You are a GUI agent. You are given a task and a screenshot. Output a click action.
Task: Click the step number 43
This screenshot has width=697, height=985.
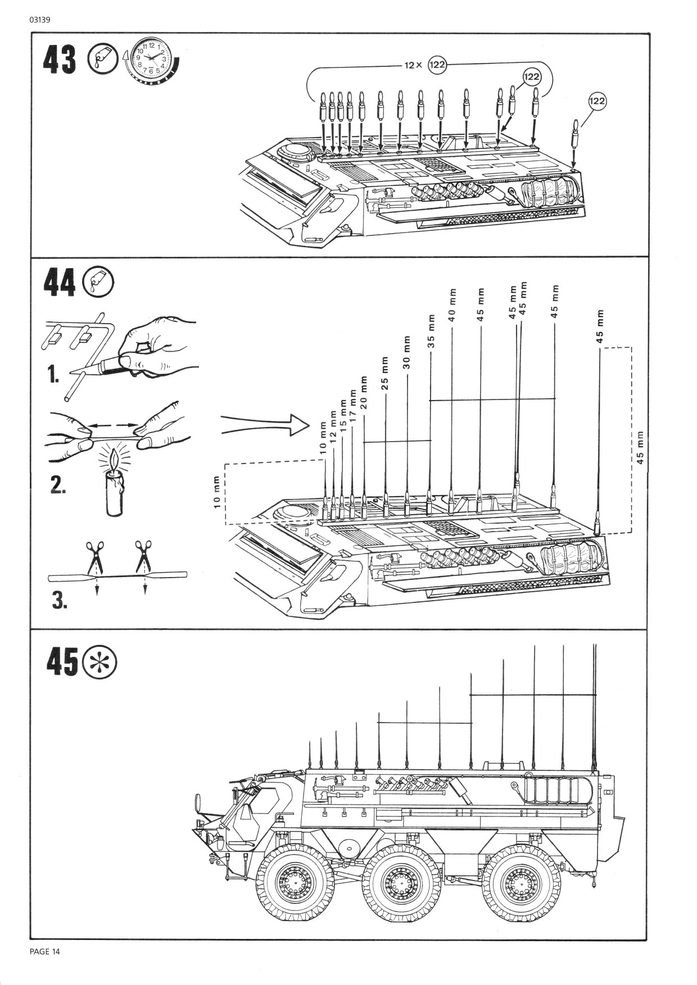pos(60,60)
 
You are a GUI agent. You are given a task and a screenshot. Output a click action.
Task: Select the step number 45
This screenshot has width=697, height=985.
pos(62,661)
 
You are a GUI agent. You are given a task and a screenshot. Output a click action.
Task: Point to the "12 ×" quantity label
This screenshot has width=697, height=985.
pos(413,65)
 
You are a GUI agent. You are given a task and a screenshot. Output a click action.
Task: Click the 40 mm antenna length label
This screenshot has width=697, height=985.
pos(452,305)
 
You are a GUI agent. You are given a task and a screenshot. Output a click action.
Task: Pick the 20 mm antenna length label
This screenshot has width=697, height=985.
pos(364,392)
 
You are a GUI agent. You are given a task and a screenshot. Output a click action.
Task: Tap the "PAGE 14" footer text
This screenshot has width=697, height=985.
pos(44,951)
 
